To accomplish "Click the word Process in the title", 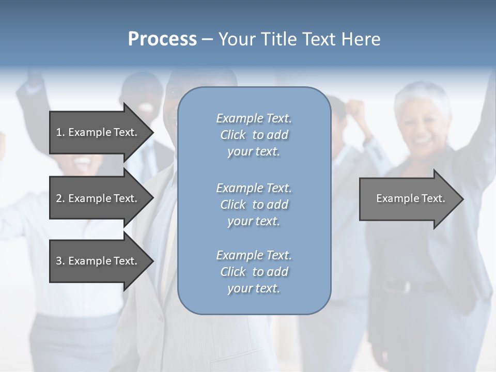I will [162, 39].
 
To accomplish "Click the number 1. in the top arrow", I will [60, 132].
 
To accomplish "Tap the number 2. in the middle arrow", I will [60, 198].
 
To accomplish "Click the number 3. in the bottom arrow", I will [60, 261].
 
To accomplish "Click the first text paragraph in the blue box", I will [254, 135].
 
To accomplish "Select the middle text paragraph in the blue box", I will [254, 205].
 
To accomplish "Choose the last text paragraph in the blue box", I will [254, 272].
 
